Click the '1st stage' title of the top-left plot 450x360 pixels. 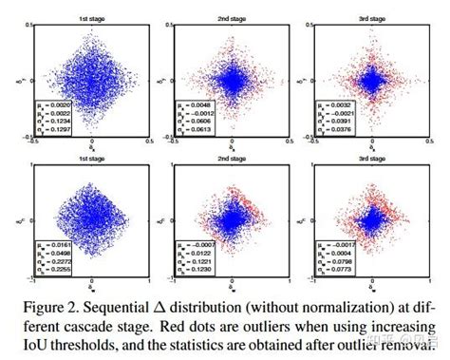pos(92,17)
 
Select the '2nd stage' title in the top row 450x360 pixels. pos(233,17)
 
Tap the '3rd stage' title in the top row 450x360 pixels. pos(372,17)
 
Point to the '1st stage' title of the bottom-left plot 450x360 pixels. pos(92,160)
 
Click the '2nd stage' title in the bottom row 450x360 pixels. pos(233,160)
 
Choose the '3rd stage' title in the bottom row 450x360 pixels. pos(372,160)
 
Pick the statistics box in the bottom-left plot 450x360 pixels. pos(53,261)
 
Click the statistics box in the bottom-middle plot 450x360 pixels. pos(195,261)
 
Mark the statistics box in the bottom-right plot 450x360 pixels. pos(334,261)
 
